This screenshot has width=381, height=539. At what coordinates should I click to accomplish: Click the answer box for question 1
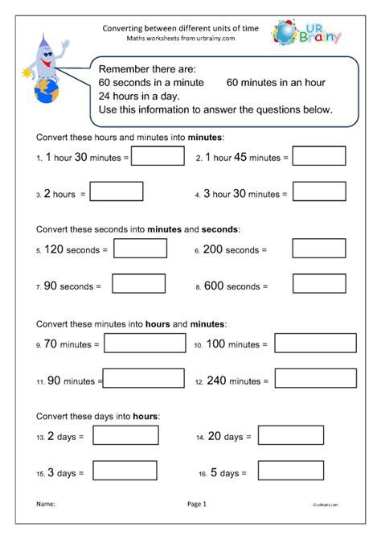point(158,156)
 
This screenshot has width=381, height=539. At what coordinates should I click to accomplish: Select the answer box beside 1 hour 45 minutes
point(319,156)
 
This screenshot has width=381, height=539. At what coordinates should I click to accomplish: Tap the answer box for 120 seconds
point(140,249)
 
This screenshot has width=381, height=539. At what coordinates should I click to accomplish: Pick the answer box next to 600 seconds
point(319,283)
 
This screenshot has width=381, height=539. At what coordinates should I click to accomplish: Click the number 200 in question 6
point(211,250)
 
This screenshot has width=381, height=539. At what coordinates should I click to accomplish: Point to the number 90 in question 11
point(55,379)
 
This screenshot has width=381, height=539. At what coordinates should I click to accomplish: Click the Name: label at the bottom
point(45,504)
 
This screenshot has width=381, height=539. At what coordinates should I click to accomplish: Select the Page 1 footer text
point(197,504)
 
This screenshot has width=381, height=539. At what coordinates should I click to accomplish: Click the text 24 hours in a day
point(137,96)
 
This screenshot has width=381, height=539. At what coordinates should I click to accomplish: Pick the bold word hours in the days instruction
point(146,416)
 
